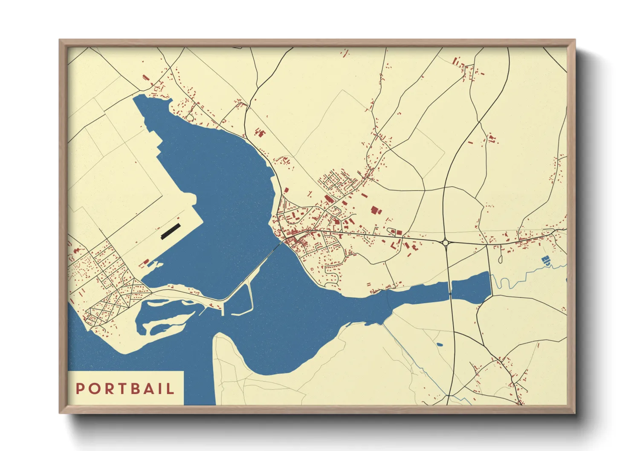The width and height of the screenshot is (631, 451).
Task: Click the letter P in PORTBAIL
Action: [x=80, y=388]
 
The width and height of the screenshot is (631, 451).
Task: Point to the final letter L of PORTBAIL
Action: [x=171, y=388]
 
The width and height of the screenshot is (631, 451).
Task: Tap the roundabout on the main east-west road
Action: [x=446, y=243]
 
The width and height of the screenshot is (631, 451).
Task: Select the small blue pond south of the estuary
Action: [x=440, y=344]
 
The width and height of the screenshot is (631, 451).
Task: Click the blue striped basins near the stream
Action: [x=545, y=260]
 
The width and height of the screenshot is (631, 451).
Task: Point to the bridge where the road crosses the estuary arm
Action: [x=450, y=288]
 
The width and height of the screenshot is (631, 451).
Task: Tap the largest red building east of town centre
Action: [x=375, y=211]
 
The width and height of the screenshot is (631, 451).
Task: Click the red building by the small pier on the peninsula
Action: [x=146, y=262]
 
